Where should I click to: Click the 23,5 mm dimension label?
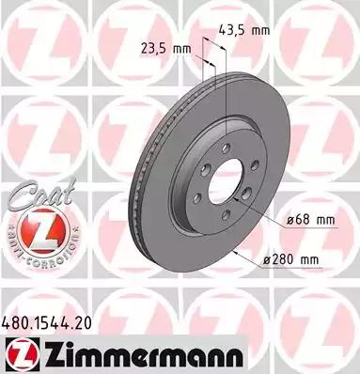[x=169, y=49]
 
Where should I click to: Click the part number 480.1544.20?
[x=50, y=323]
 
